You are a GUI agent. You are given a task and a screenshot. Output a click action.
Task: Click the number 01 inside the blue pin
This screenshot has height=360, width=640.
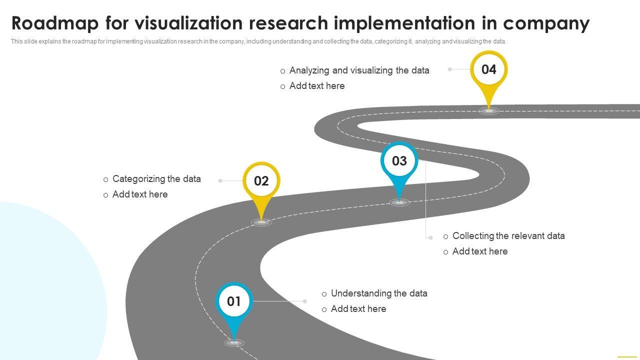pos(233,301)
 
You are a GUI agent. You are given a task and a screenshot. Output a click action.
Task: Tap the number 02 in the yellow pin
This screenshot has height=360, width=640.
pos(261,181)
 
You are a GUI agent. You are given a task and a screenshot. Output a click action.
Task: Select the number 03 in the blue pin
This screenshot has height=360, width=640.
pos(399,161)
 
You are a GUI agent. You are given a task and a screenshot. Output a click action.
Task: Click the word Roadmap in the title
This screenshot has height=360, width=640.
pos(55,23)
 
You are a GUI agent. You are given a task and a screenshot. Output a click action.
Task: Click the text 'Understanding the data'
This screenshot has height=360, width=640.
pos(379,293)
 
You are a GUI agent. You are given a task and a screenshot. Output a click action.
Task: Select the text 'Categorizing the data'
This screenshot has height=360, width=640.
pos(156,179)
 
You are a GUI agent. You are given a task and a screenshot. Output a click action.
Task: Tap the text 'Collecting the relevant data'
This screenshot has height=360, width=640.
pos(508,235)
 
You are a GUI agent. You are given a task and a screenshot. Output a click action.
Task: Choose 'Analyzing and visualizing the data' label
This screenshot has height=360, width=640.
pos(359,70)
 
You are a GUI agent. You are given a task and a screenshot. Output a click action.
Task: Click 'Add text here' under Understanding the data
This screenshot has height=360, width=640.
pos(358,308)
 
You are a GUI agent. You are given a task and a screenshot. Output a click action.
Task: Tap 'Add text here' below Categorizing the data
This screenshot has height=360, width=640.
pos(140,194)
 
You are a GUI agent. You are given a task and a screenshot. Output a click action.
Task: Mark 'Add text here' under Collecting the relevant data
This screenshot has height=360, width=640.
pos(480,251)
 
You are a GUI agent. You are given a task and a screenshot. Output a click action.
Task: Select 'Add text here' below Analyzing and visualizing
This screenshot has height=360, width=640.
pos(317,85)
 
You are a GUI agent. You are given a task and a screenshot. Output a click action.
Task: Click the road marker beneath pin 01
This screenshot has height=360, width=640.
pos(234,343)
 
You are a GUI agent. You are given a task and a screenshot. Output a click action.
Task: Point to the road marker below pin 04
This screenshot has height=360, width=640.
pos(489,111)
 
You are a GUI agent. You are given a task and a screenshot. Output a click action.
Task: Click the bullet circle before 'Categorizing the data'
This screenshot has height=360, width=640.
pos(105,179)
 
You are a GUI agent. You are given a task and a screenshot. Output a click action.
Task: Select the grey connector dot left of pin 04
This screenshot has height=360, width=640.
pos(449,69)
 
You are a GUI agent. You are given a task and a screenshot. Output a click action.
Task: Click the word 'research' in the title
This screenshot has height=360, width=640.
pos(288,23)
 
